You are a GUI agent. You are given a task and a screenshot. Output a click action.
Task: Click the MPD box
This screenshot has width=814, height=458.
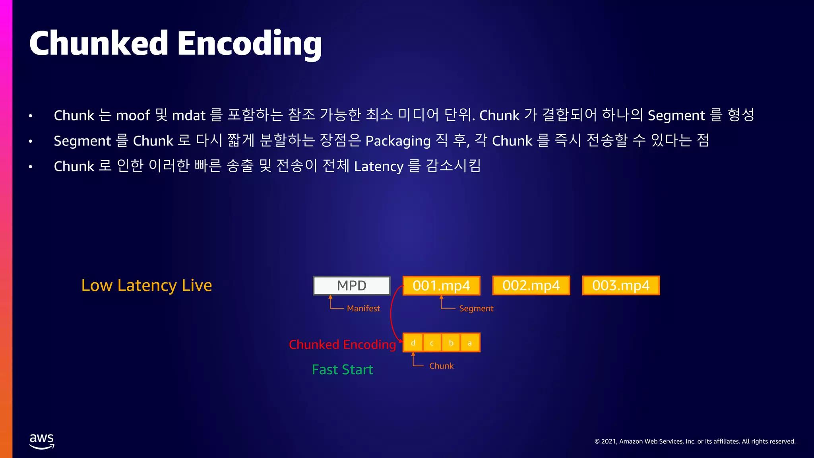(352, 285)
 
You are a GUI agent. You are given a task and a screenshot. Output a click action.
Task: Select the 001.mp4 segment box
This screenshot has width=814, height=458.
(441, 285)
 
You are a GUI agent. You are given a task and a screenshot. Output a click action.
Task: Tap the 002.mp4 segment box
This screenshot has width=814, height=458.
(531, 285)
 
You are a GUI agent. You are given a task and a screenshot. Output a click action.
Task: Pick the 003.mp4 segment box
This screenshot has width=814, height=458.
(621, 285)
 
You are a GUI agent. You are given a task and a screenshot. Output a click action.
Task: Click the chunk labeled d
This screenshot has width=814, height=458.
(413, 343)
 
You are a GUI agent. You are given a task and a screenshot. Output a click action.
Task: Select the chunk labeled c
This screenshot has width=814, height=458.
(432, 343)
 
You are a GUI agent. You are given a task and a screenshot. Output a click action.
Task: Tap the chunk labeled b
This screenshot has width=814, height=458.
(451, 343)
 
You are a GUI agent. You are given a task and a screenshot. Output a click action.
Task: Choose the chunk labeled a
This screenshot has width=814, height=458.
(470, 343)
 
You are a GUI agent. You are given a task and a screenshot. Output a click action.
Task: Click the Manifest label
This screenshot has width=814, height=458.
(363, 309)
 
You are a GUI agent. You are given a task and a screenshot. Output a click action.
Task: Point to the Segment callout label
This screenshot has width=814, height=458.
(476, 309)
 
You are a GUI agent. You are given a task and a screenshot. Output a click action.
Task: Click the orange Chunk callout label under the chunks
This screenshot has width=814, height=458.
(441, 366)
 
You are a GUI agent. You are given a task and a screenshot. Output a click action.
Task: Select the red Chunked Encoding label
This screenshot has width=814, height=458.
(342, 344)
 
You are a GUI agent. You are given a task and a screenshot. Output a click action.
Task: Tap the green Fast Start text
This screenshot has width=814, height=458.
(342, 370)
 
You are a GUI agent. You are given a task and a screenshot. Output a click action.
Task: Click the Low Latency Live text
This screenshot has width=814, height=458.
(146, 285)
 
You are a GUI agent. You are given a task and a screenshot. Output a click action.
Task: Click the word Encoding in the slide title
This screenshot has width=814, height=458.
(249, 44)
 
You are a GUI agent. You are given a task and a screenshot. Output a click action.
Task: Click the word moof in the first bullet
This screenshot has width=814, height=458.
(133, 116)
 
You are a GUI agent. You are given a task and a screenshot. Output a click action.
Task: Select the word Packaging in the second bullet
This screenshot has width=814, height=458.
(398, 141)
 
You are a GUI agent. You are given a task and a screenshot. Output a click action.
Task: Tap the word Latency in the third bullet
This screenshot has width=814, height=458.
(379, 166)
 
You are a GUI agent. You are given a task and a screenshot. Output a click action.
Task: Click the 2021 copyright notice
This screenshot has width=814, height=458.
(695, 441)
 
